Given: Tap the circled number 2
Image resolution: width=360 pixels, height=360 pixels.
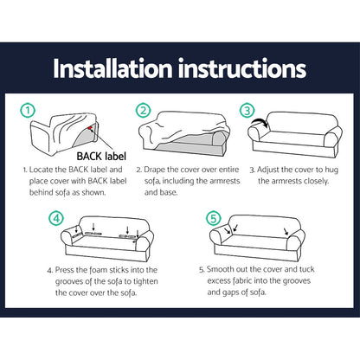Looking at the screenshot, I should coord(145,112).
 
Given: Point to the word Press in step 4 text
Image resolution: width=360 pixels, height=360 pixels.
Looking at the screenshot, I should coord(83,271).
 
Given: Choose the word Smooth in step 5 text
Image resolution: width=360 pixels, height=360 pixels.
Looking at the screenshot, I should coord(223,271).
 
